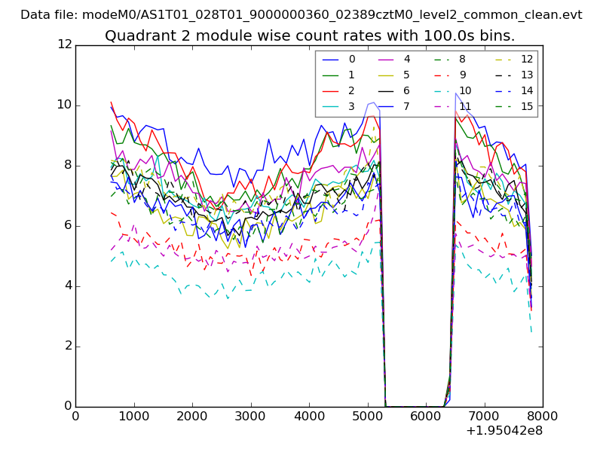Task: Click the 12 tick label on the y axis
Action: (65, 45)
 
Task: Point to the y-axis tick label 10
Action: (65, 105)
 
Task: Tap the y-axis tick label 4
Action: (68, 286)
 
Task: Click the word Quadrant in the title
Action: (136, 36)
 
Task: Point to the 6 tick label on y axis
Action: (68, 226)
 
